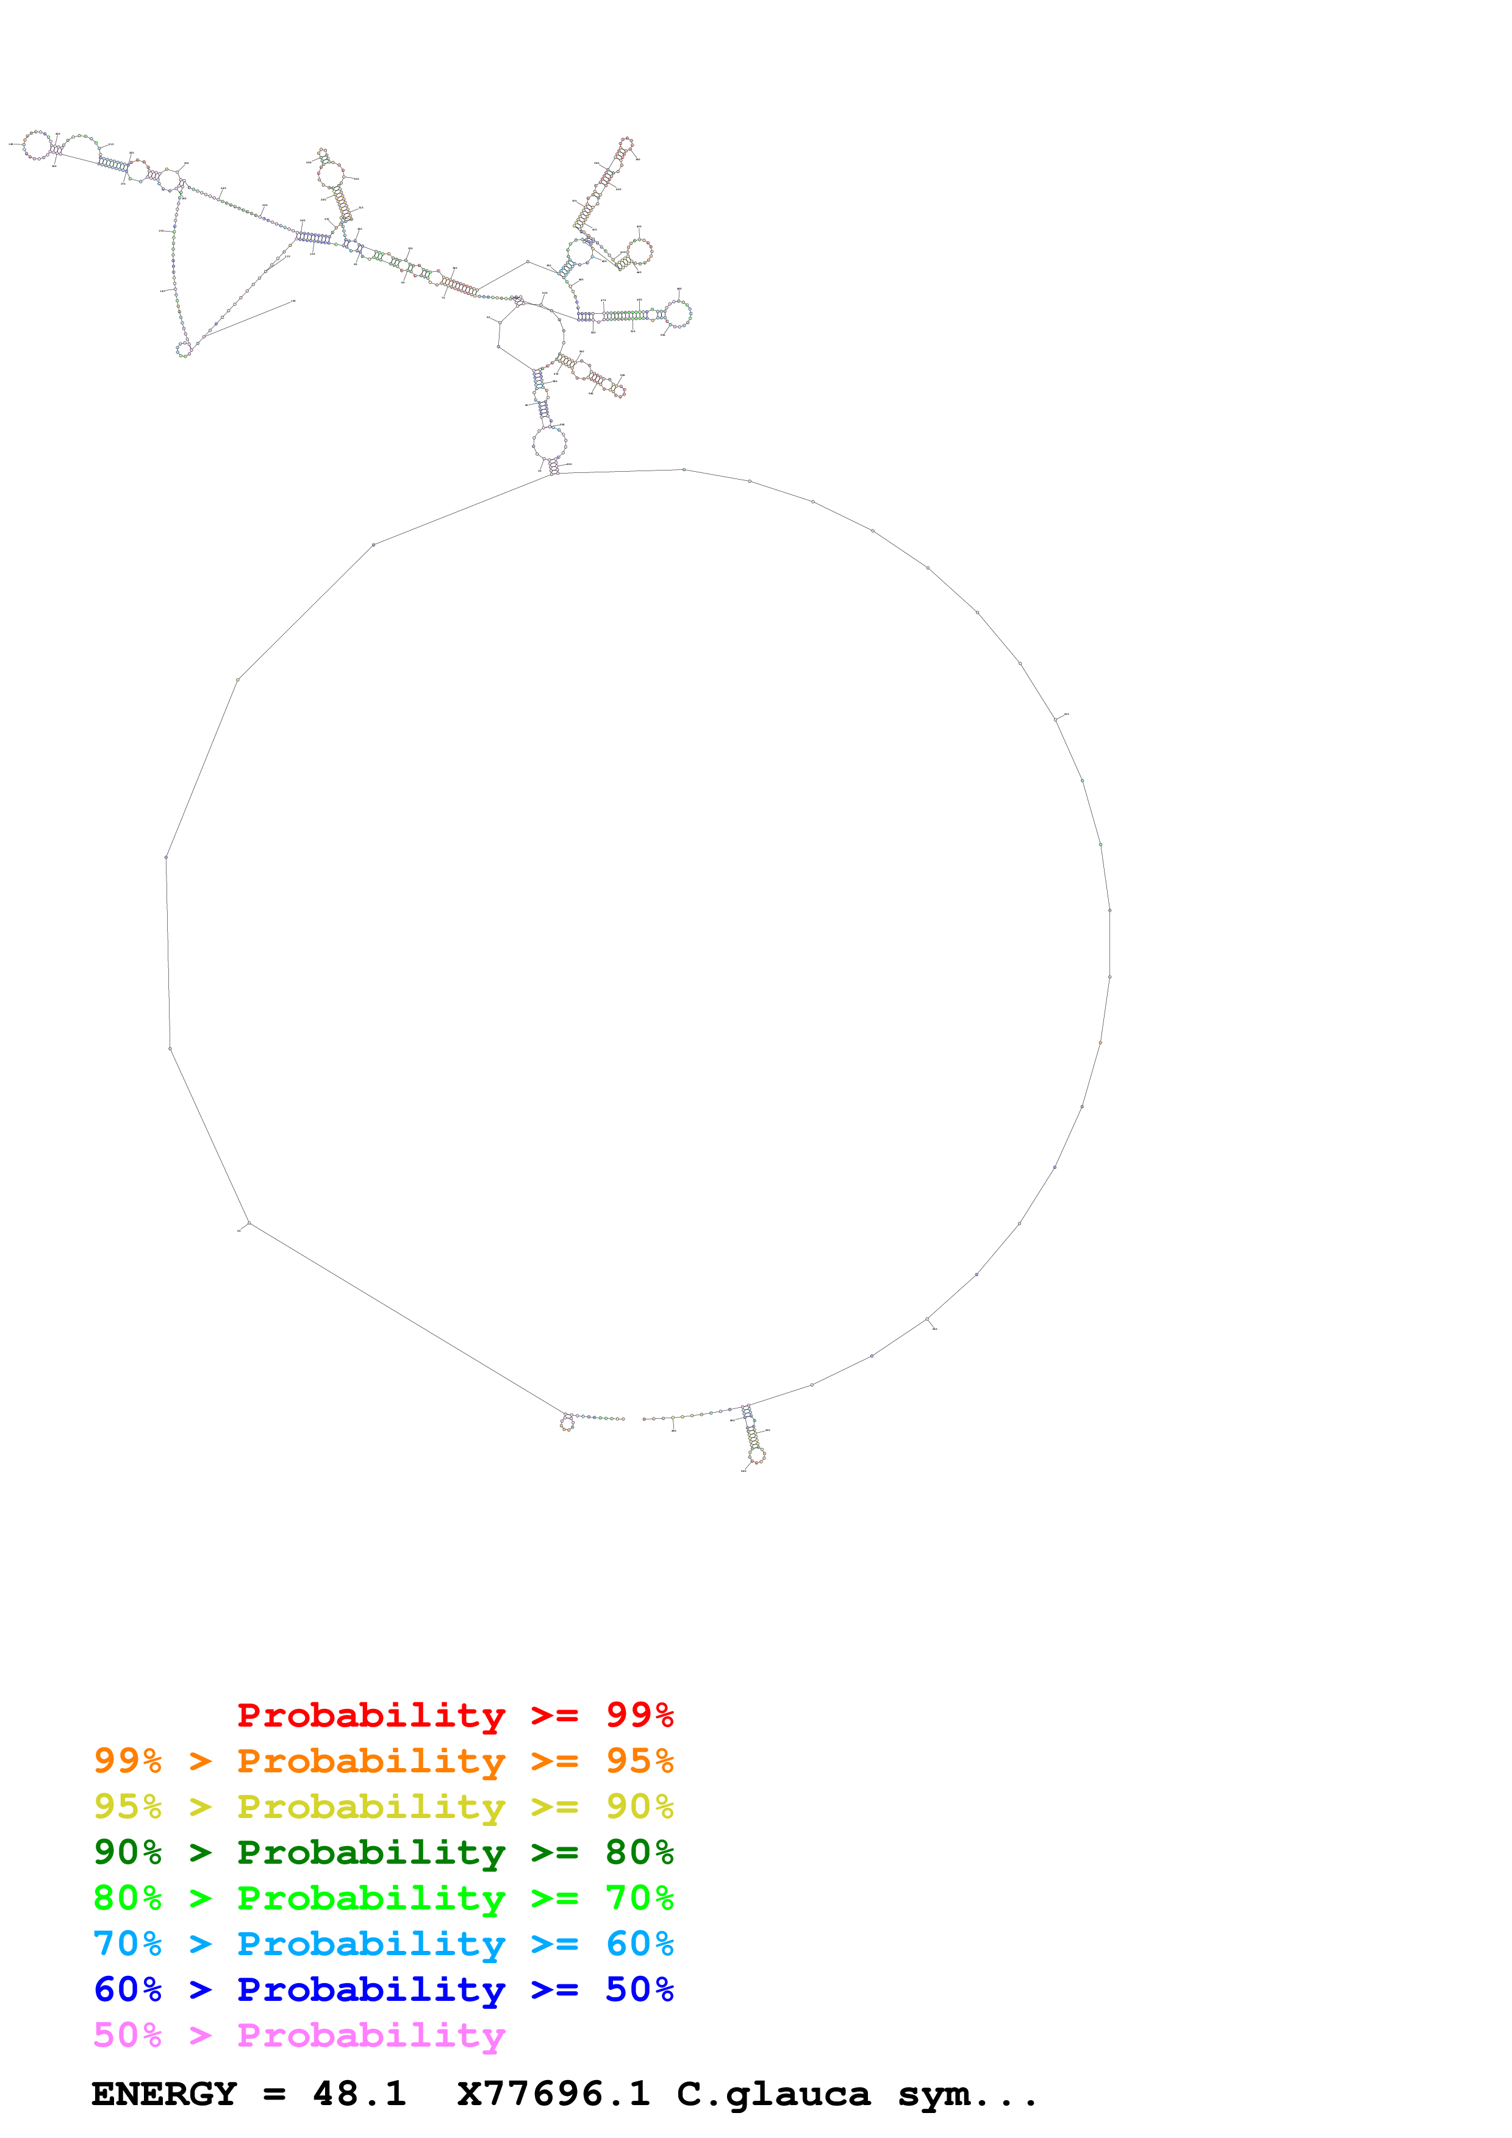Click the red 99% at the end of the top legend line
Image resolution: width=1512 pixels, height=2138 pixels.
coord(639,1715)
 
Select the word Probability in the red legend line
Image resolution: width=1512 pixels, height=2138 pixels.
coord(371,1715)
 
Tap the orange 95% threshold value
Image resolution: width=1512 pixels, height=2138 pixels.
coord(639,1761)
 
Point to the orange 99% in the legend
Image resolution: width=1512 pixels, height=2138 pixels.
coord(127,1761)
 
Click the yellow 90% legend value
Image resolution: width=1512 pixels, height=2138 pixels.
coord(639,1806)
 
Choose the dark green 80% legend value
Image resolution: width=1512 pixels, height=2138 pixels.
coord(639,1852)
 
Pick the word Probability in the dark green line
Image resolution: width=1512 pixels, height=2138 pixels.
coord(371,1852)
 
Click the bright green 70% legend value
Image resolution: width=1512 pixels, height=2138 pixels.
coord(639,1898)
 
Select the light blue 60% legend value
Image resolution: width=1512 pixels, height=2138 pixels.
coord(639,1944)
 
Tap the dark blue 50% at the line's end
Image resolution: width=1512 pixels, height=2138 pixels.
coord(639,1989)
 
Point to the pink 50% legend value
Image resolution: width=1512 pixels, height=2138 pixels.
coord(127,2034)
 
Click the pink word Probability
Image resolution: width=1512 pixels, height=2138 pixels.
coord(371,2034)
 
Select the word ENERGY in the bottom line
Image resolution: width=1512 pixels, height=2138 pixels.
coord(164,2094)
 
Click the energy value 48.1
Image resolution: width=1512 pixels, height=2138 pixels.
coord(359,2094)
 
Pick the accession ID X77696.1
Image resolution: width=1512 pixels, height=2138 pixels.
coord(553,2094)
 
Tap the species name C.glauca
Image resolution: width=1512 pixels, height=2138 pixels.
coord(773,2094)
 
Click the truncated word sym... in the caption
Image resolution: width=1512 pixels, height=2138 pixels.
coord(967,2094)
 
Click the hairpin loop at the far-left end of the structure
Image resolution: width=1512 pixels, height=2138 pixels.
coord(37,145)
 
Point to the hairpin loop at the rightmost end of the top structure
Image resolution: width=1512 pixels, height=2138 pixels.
coord(678,314)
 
